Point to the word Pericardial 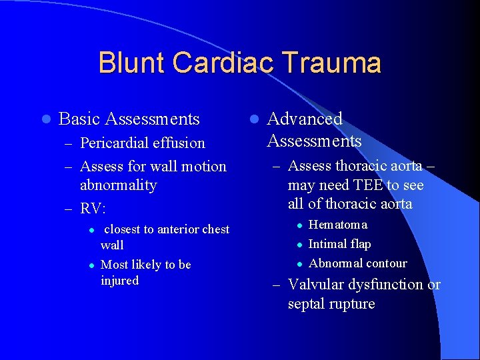coord(114,143)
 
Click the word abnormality coord(118,185)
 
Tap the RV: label coord(93,209)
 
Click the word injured coord(119,281)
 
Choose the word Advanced coord(305,119)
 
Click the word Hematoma coord(338,225)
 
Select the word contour coord(383,263)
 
